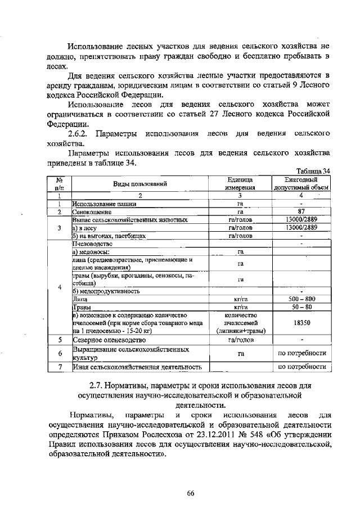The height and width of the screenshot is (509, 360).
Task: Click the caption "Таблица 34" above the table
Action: pos(312,171)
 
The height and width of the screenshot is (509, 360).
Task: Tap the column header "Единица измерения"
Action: pos(240,183)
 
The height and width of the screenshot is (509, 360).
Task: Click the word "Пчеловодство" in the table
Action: pos(93,244)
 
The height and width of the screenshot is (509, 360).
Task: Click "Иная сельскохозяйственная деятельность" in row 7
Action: pos(137,367)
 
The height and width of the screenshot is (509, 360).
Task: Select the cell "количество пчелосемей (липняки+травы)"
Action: pos(240,323)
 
